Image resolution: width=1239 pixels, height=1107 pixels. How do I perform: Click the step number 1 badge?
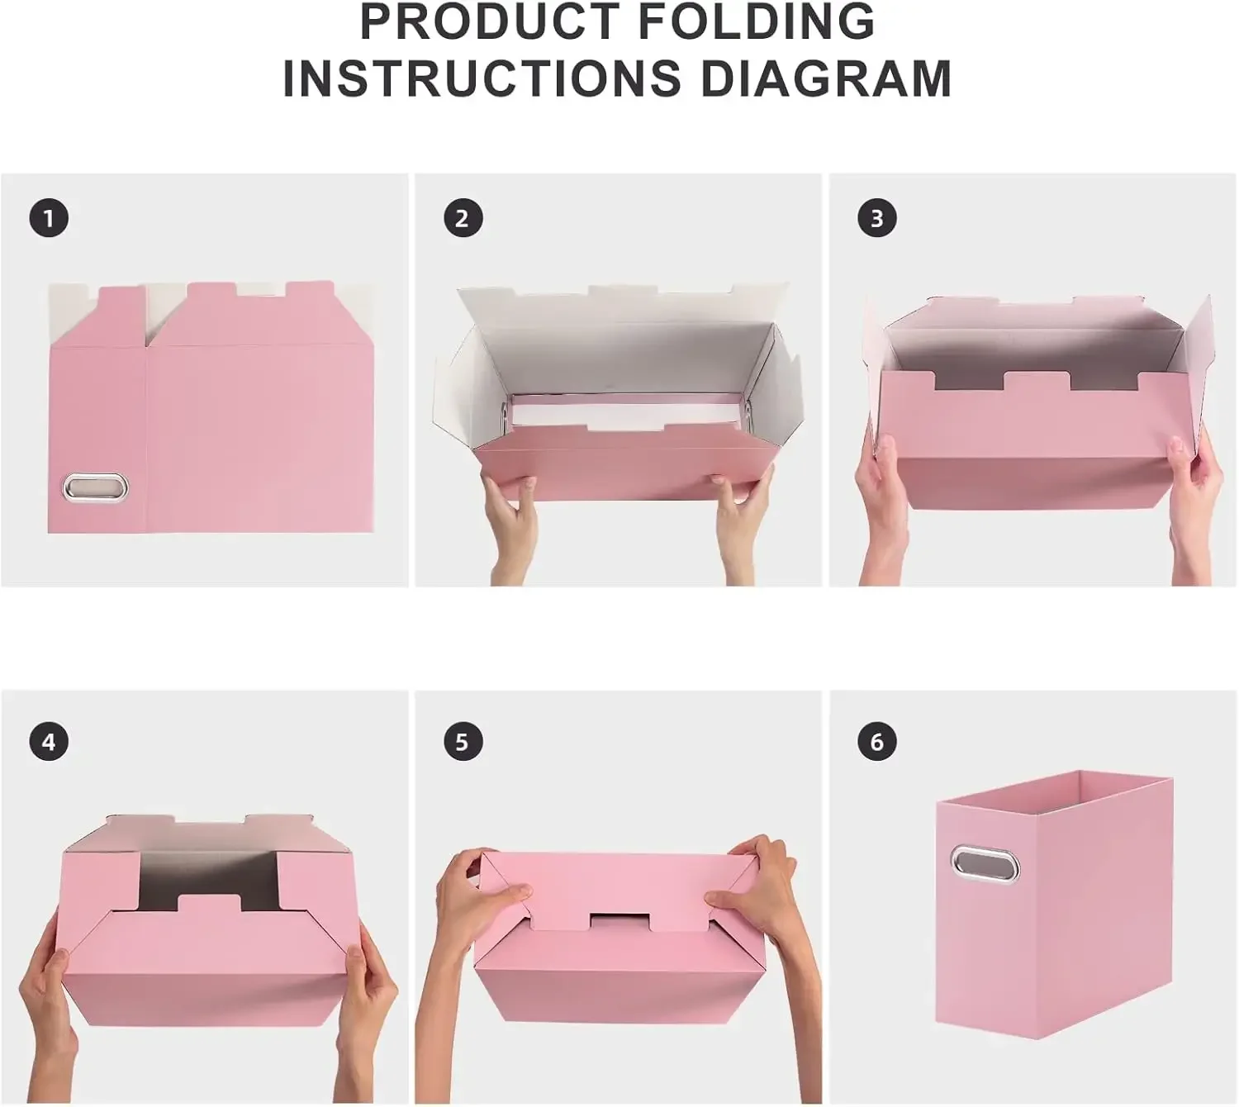tap(49, 219)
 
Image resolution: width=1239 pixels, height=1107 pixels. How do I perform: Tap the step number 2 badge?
tap(463, 219)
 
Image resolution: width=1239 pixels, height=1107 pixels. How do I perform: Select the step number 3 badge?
tap(877, 219)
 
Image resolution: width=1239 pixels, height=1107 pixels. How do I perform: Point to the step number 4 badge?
tap(49, 742)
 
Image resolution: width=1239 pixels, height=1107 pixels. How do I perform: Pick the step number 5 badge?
tap(463, 742)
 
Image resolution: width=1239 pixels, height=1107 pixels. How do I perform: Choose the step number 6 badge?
tap(877, 742)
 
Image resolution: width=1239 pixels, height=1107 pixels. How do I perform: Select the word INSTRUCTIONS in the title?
tap(482, 78)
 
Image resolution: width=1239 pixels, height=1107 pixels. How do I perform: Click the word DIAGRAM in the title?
tap(826, 78)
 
